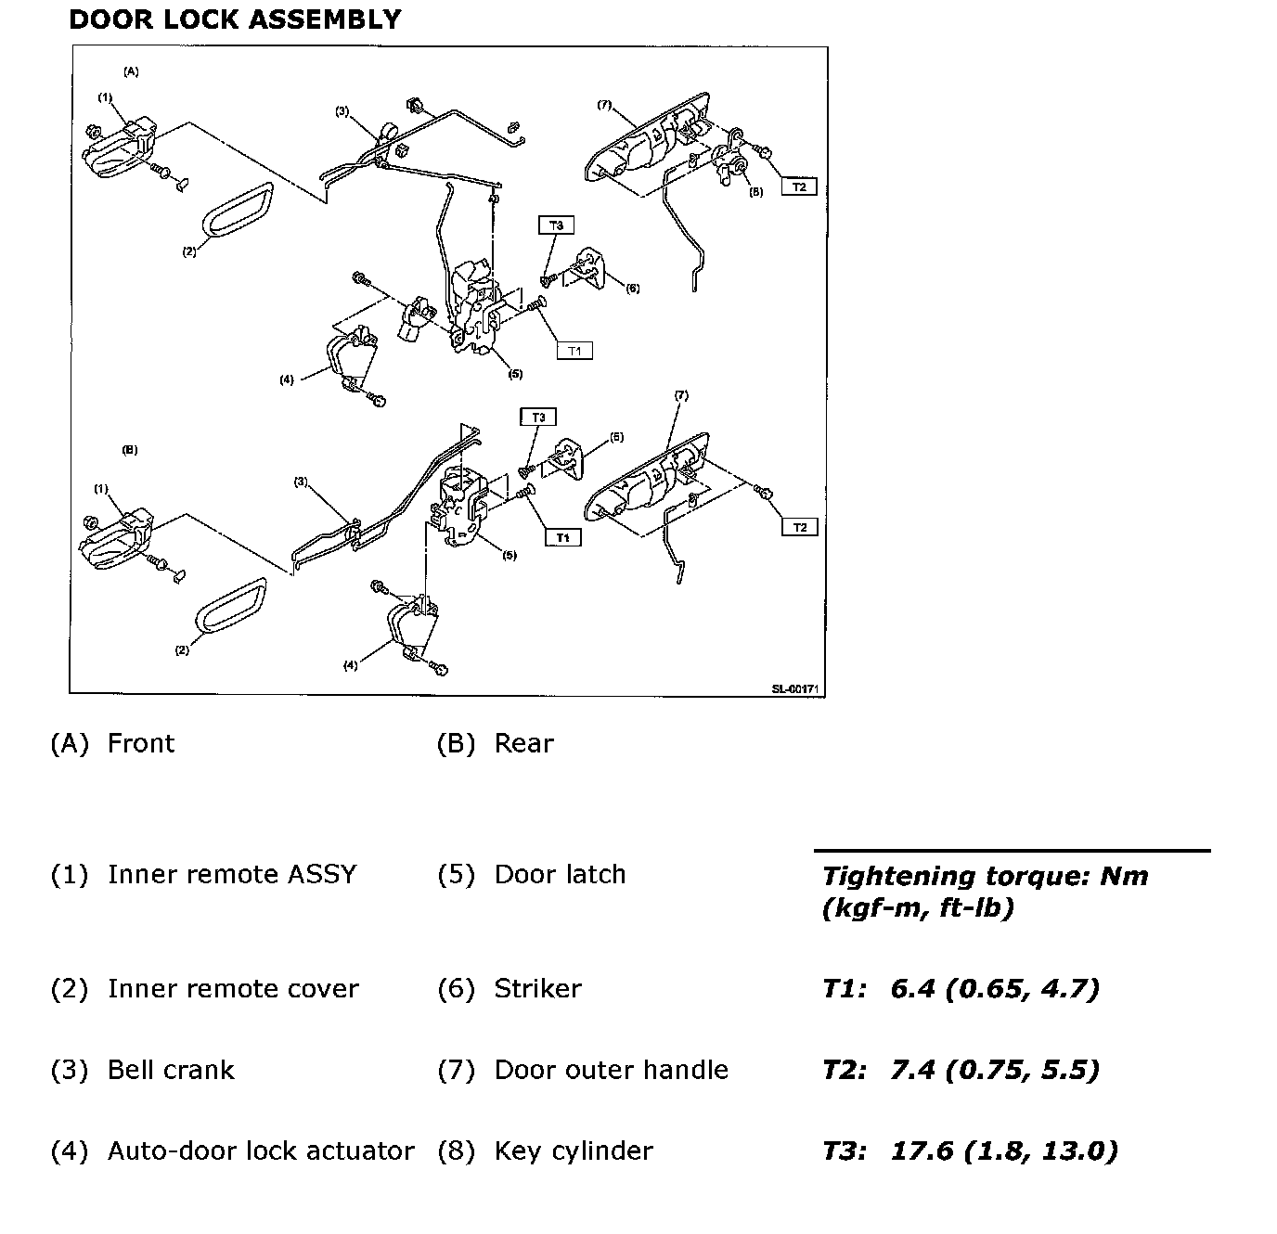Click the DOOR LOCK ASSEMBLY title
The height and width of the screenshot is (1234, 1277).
pos(235,19)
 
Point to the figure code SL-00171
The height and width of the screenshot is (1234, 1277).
pos(797,689)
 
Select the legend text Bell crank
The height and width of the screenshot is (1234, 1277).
pos(171,1070)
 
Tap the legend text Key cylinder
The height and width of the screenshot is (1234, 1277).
pos(574,1150)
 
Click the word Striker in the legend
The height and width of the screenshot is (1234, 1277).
pos(537,988)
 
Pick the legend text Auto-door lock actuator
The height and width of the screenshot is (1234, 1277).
pos(261,1150)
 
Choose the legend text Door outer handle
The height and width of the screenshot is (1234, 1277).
pos(611,1070)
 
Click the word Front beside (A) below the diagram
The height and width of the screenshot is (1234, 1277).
pos(141,743)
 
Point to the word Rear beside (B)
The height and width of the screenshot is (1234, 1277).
pos(523,743)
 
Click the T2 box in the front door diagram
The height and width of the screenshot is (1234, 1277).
pos(799,186)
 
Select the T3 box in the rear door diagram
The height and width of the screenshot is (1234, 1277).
pos(538,418)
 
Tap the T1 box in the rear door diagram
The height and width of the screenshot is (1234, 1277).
pos(562,537)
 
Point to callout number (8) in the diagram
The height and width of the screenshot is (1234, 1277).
pos(756,192)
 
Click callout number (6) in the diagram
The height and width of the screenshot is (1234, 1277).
pos(632,289)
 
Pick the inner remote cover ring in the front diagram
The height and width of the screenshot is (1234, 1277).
pos(238,210)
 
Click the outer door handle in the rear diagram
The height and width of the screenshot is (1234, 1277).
pos(648,482)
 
